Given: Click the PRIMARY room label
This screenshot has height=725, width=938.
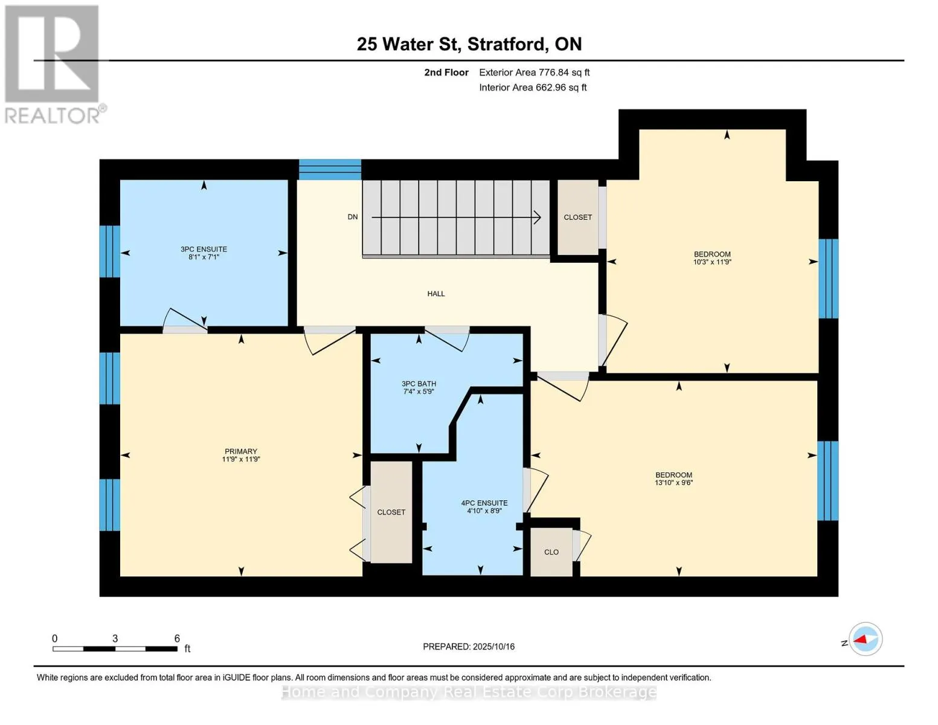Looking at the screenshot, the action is point(240,451).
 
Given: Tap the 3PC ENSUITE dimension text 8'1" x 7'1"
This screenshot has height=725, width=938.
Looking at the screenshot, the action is point(204,257).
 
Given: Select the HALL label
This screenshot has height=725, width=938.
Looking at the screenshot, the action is point(436,294).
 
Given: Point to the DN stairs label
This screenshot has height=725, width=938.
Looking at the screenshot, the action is point(353,217).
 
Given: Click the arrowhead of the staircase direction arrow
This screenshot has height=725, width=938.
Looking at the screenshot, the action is point(538,217).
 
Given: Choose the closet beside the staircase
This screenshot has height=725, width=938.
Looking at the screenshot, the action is point(577,217).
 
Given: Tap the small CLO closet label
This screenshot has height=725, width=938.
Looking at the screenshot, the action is point(551,552).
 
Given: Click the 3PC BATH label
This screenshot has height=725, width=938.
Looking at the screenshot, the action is point(419,384).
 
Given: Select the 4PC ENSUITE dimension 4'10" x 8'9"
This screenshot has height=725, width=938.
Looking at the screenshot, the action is point(484,511).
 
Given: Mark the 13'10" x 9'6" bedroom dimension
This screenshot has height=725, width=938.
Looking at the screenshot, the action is point(673,483).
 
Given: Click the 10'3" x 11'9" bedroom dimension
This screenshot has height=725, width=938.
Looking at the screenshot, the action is point(712,262).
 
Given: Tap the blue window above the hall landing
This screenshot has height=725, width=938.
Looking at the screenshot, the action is point(330,169).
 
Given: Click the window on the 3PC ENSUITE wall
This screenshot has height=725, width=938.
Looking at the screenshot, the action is point(110,251).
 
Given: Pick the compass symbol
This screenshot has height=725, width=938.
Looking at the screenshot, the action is point(866,639).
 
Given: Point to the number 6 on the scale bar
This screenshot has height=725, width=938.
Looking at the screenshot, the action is point(177,638).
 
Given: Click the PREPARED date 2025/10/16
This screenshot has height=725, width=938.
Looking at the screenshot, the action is point(493,646).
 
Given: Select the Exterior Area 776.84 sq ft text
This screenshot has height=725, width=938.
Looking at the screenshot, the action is point(535,72).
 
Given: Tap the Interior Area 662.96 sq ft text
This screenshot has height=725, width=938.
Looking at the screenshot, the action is point(533,88).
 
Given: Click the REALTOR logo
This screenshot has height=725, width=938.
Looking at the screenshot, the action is point(54,65).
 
